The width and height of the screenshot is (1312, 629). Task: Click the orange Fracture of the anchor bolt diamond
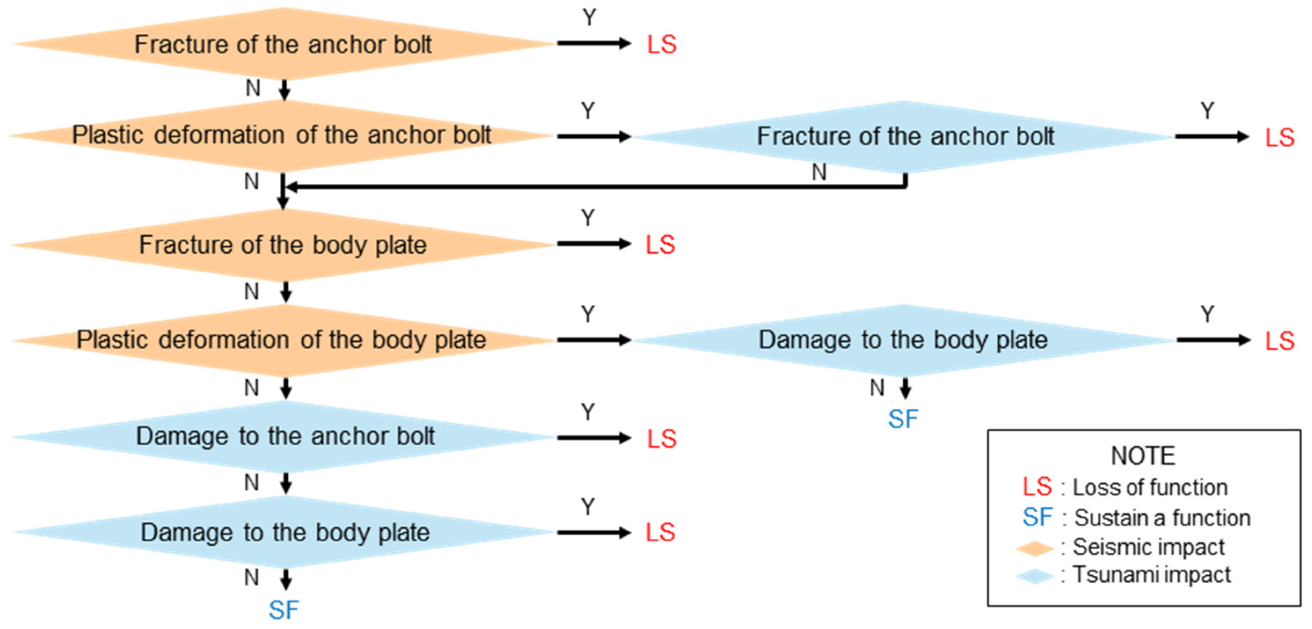point(283,44)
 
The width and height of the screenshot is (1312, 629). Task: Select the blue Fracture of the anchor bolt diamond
point(905,137)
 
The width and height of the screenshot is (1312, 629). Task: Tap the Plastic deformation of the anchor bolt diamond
point(281,136)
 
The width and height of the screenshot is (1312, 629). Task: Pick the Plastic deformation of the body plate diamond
point(282,340)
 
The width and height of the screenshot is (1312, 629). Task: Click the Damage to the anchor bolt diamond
point(285,437)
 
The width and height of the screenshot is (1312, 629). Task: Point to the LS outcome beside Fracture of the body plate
point(660,245)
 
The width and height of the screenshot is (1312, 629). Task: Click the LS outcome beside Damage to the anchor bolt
point(662,439)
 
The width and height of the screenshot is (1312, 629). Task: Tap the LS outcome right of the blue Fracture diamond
point(1279,137)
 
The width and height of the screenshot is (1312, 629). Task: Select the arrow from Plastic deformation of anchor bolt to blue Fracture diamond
point(594,137)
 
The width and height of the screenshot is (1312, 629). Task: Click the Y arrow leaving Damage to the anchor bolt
point(594,438)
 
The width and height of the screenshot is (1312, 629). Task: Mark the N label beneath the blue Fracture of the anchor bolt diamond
point(819,172)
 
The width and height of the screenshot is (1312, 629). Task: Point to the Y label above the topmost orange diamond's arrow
point(589,18)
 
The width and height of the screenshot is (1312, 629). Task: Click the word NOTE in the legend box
point(1143,456)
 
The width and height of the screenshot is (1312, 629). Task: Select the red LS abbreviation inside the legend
point(1037,487)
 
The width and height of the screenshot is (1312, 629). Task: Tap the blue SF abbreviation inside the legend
point(1037,518)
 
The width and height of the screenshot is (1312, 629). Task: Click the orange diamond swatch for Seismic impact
point(1034,548)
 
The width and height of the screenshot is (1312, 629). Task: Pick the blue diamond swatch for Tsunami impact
point(1034,577)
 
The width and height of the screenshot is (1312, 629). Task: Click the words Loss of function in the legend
point(1150,488)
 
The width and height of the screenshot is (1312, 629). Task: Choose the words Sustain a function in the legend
point(1162,518)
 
